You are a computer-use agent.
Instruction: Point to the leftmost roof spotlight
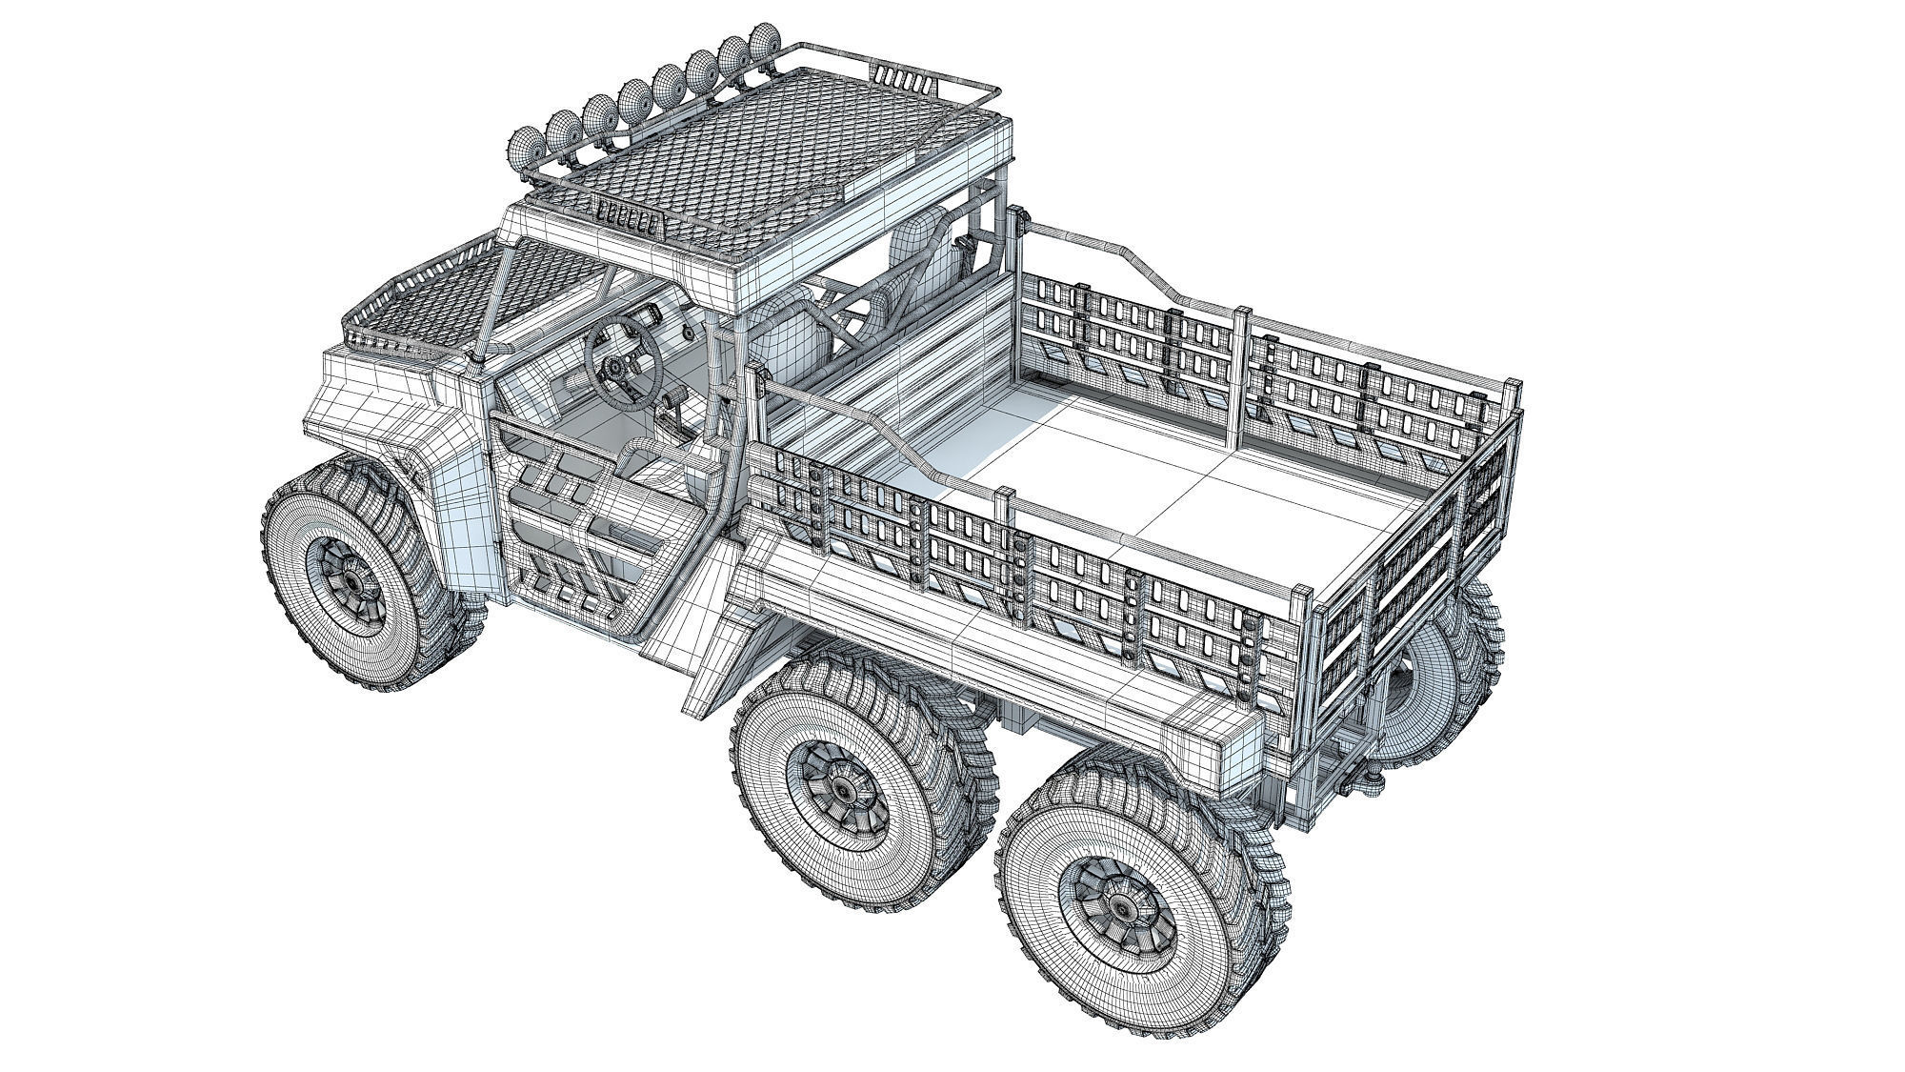(526, 145)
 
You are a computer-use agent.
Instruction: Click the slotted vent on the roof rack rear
(897, 76)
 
